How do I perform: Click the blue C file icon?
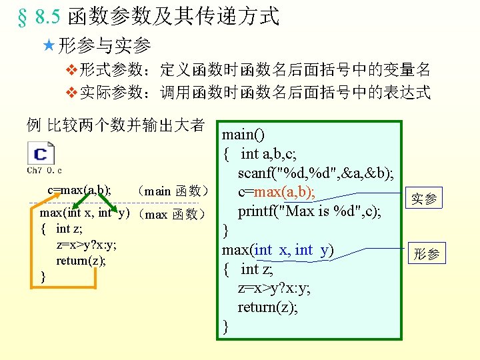coord(41,155)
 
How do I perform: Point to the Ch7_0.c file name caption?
coord(45,171)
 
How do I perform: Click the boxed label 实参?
coord(425,199)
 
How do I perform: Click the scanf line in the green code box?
coord(315,173)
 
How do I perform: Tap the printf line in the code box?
coord(309,211)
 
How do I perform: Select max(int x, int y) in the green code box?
coord(277,250)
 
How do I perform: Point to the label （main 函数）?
coord(172,191)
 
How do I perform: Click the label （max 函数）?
coord(172,214)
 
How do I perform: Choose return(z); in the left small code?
coord(81,261)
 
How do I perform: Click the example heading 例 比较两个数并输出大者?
coord(115,125)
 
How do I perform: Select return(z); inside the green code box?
coord(268,307)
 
